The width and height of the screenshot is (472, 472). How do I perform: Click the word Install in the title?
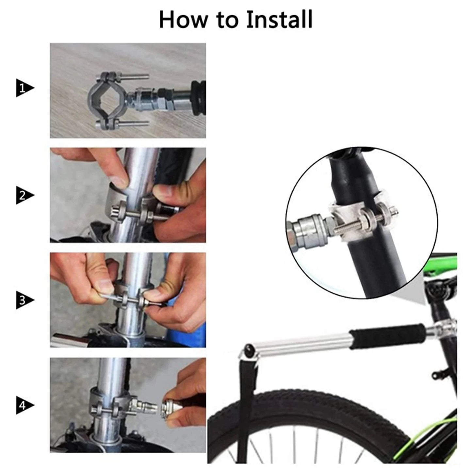[x=279, y=20]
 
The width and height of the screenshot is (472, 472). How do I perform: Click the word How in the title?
[x=183, y=20]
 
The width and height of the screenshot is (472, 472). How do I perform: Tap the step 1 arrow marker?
[x=24, y=88]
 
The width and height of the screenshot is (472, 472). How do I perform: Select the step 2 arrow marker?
[x=24, y=196]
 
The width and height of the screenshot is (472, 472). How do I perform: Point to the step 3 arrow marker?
[x=24, y=300]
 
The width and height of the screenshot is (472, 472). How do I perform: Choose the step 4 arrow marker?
[x=24, y=406]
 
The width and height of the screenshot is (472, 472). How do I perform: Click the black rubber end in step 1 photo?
[x=199, y=97]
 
